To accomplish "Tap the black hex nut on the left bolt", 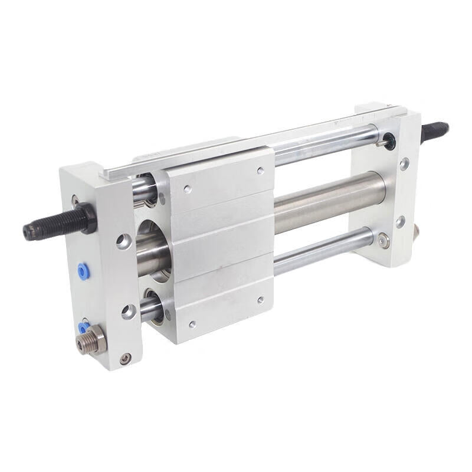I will click(x=86, y=217).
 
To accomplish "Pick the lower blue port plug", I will click(x=84, y=326).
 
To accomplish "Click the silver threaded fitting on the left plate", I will click(x=94, y=340).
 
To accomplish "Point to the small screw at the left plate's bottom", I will click(x=125, y=358).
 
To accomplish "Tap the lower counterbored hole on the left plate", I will click(x=129, y=310).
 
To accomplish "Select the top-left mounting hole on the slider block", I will click(x=188, y=190).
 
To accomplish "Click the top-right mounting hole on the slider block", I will click(x=260, y=171).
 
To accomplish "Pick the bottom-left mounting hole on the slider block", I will click(x=191, y=324).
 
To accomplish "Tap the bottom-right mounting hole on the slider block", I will click(x=260, y=300).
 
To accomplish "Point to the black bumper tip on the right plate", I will click(x=388, y=140).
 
